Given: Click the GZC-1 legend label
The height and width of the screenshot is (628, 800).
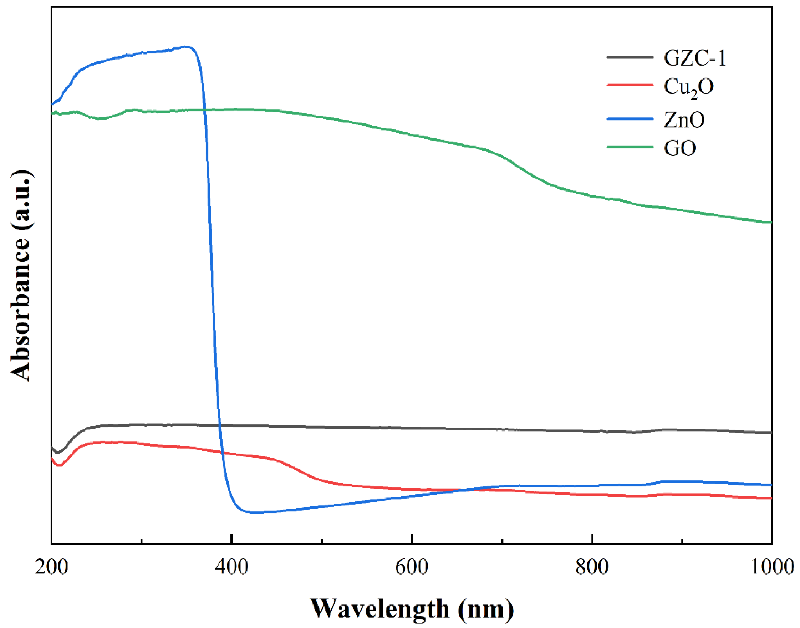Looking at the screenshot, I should click(695, 58).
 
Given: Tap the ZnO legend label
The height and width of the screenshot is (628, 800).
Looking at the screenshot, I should click(684, 120).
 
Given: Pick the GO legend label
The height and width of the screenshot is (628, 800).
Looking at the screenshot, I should click(680, 149).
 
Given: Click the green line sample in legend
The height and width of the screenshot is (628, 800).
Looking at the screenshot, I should click(630, 147).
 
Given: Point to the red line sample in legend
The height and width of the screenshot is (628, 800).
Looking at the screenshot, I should click(630, 85).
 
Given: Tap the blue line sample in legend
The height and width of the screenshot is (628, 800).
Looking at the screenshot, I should click(630, 119).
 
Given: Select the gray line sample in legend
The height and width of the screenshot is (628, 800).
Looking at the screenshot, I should click(630, 57).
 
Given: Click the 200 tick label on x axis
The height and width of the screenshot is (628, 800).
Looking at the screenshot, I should click(51, 567).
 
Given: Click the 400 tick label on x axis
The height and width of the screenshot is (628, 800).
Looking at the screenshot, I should click(231, 567).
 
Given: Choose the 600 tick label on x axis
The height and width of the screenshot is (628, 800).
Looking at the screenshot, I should click(412, 567).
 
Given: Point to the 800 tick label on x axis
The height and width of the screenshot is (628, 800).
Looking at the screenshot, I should click(592, 567).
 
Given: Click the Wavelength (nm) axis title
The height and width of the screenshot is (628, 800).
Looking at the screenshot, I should click(412, 608).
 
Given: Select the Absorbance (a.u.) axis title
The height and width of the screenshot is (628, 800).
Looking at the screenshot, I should click(20, 276).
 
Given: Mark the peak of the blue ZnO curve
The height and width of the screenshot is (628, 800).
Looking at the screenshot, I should click(187, 47).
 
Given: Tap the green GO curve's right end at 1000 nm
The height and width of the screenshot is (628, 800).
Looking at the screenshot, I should click(771, 222).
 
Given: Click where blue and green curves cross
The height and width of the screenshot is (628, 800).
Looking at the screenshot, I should click(205, 110).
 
